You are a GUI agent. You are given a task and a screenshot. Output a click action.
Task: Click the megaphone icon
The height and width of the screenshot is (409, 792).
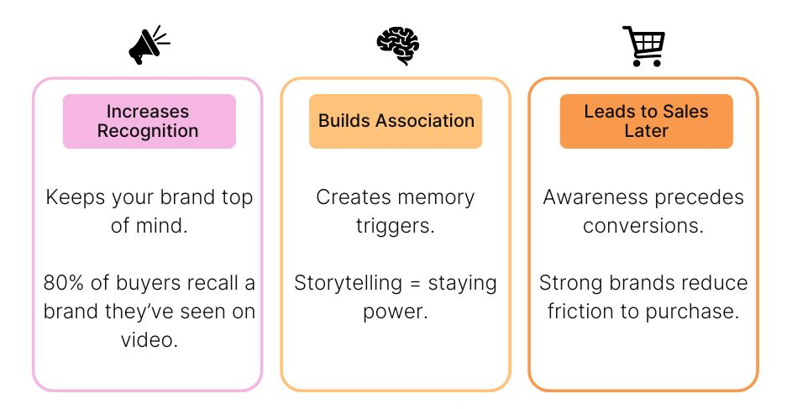(148, 45)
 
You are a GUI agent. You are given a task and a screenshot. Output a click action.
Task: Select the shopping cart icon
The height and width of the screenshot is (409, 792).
(643, 45)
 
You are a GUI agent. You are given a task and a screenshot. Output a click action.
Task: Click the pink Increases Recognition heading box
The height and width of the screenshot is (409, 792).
(149, 121)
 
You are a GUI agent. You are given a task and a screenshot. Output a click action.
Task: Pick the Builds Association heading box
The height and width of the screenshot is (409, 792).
(396, 121)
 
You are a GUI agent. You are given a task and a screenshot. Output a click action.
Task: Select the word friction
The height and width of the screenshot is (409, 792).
(584, 312)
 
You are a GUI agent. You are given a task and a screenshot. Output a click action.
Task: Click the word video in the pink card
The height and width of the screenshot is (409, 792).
(148, 340)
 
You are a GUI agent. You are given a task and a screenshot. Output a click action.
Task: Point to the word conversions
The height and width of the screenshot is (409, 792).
(643, 226)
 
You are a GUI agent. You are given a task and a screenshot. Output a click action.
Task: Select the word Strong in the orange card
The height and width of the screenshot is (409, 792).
(569, 283)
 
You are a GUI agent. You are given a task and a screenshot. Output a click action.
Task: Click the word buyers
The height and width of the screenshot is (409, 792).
(144, 283)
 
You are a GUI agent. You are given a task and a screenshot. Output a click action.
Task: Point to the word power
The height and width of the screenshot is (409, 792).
(396, 312)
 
